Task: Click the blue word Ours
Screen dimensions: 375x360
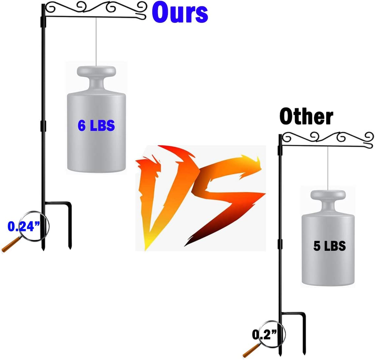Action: (x=180, y=13)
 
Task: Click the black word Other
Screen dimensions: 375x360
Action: (x=307, y=117)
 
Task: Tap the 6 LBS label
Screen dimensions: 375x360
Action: (x=96, y=125)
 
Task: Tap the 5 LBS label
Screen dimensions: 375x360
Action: (x=330, y=246)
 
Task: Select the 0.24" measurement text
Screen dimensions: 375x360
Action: (x=24, y=226)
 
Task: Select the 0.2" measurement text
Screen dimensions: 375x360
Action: (x=264, y=334)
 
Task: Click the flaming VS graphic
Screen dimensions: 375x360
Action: (x=201, y=198)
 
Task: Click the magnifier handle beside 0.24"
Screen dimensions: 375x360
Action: (x=11, y=244)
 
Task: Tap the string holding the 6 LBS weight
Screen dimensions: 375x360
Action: (x=96, y=42)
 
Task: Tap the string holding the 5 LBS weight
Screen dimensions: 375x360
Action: (x=328, y=168)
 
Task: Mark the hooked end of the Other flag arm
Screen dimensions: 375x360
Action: (x=370, y=145)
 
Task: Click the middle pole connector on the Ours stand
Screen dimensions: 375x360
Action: (x=43, y=126)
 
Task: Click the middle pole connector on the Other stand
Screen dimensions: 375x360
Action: (x=280, y=244)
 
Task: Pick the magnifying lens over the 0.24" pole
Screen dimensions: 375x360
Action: (x=34, y=226)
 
